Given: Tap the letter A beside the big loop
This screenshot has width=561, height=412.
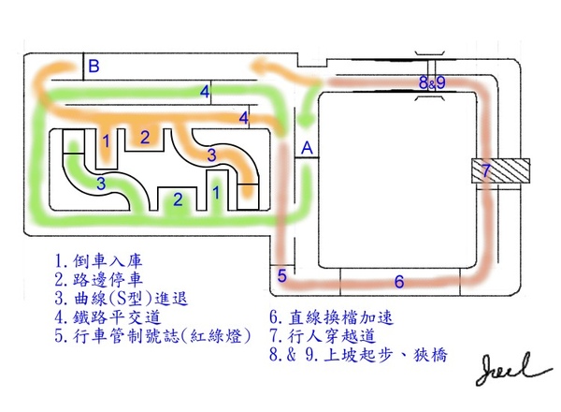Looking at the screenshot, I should [307, 148].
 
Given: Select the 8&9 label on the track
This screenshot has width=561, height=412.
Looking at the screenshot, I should [432, 83].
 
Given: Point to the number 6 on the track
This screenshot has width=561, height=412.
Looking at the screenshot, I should [398, 281].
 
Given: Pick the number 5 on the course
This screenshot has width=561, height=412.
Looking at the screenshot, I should [282, 275].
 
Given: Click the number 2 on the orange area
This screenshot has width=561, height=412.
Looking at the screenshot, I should [144, 137].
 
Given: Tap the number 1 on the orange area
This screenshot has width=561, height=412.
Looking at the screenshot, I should [107, 140].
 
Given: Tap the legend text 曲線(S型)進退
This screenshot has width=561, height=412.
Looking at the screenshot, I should [131, 300].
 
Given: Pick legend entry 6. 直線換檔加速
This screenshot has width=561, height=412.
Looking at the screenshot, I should [337, 319].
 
